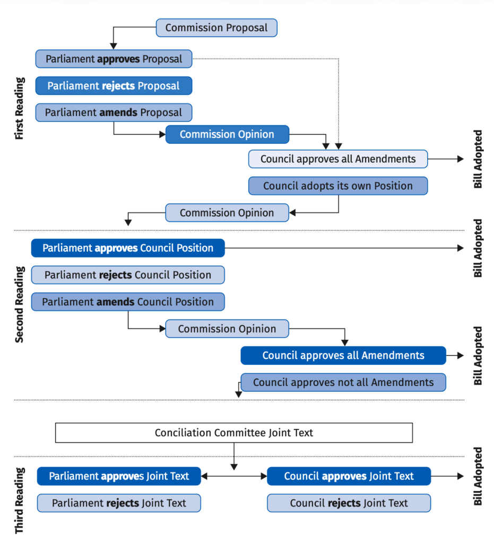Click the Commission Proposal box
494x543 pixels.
pyautogui.click(x=216, y=28)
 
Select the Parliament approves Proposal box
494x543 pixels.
pyautogui.click(x=114, y=59)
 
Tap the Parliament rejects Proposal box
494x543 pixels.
pyautogui.click(x=114, y=85)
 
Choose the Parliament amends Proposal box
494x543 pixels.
pyautogui.click(x=114, y=112)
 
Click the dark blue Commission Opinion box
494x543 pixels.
pyautogui.click(x=227, y=134)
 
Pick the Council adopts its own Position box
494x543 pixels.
pyautogui.click(x=338, y=186)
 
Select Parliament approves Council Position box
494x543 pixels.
pyautogui.click(x=128, y=248)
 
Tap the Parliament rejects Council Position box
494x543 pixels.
pyautogui.click(x=128, y=275)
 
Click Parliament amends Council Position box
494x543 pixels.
pyautogui.click(x=128, y=302)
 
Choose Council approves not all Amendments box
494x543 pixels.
pyautogui.click(x=343, y=382)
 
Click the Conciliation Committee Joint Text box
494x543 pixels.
pyautogui.click(x=234, y=433)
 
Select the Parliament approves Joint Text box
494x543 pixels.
pyautogui.click(x=119, y=476)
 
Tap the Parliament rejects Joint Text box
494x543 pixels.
pyautogui.click(x=119, y=503)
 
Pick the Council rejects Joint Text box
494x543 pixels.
pyautogui.click(x=349, y=503)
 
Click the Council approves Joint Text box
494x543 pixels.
pyautogui.click(x=349, y=476)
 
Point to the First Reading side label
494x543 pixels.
pyautogui.click(x=20, y=108)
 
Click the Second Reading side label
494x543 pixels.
pyautogui.click(x=20, y=305)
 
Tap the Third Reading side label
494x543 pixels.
pyautogui.click(x=20, y=501)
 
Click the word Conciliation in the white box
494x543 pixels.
pyautogui.click(x=183, y=433)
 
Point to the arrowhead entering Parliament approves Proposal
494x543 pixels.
pyautogui.click(x=113, y=46)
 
